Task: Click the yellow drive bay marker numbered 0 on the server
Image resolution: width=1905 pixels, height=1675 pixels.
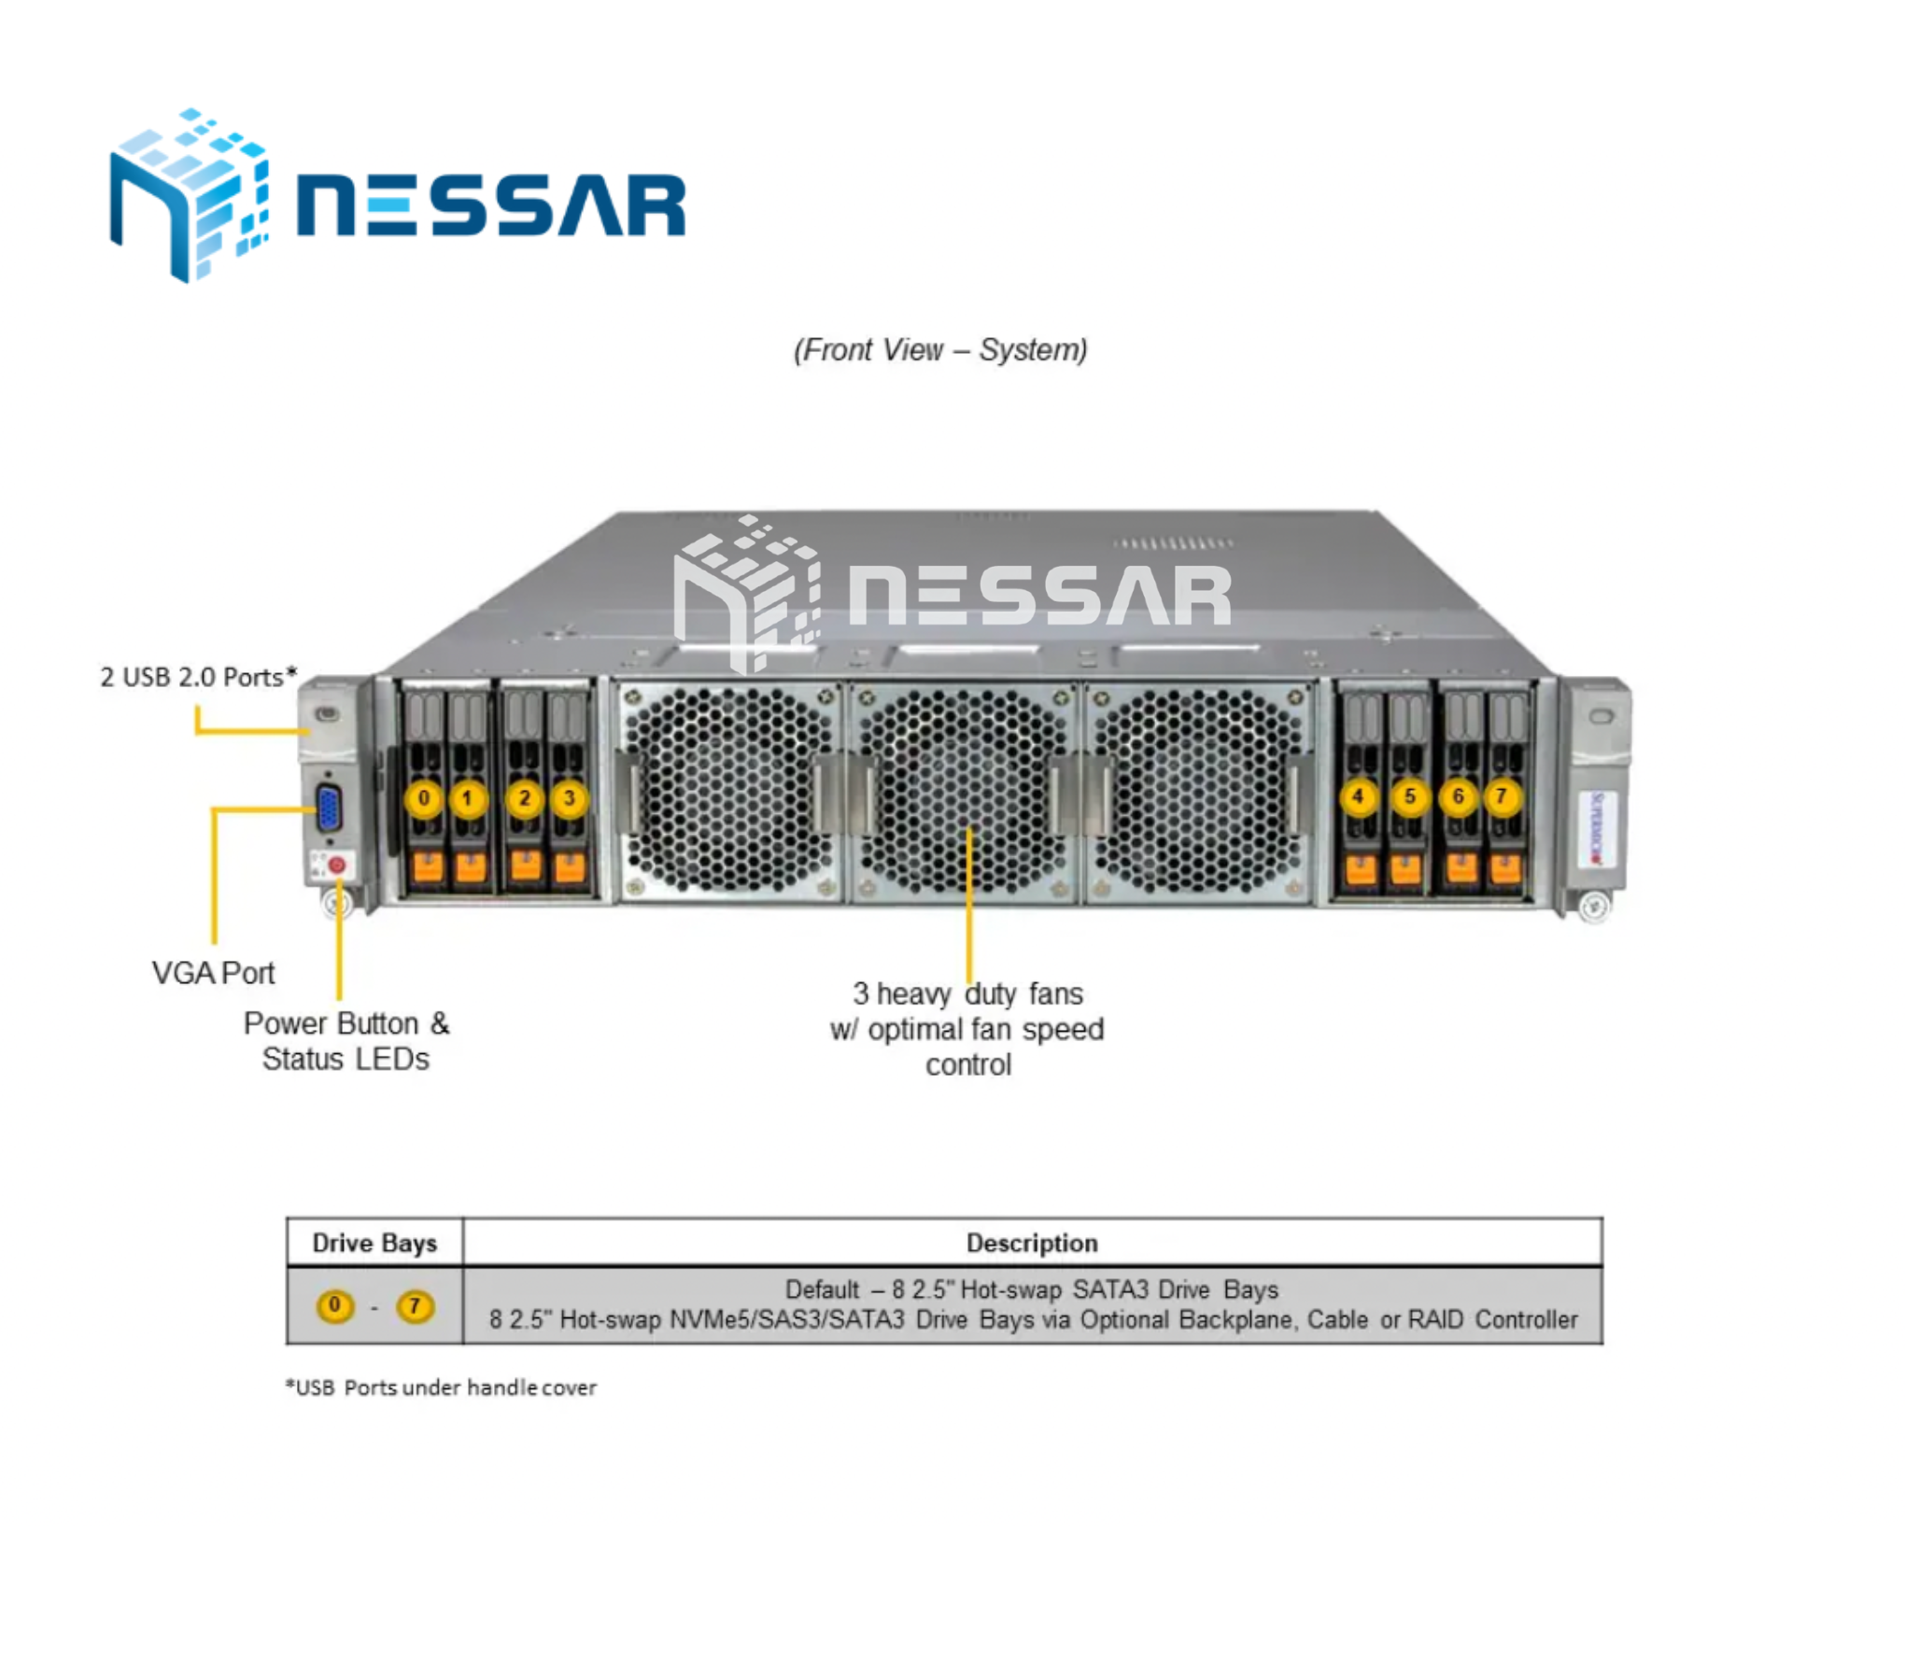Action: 424,799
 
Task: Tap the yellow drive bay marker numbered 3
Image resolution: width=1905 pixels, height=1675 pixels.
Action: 569,799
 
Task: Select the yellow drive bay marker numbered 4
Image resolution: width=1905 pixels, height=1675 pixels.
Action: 1358,797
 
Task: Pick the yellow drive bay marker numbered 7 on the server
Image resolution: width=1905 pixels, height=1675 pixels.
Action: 1502,797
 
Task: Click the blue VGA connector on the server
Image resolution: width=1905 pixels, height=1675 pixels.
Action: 329,809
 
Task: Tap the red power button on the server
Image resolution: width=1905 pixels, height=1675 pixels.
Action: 337,866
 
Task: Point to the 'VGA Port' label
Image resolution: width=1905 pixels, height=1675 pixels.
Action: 214,973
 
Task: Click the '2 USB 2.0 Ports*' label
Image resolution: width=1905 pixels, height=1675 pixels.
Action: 199,677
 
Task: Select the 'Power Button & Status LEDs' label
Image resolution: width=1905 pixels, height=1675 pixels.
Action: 346,1041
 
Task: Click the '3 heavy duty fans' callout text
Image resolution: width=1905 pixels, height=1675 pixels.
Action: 967,993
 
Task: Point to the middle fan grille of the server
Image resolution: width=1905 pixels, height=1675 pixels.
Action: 964,792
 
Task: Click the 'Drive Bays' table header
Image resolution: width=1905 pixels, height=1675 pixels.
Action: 374,1243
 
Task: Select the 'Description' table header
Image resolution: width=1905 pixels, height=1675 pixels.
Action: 1032,1243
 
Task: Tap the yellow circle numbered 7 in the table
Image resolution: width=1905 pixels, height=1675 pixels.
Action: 416,1306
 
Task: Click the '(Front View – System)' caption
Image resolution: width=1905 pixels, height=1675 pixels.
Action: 940,350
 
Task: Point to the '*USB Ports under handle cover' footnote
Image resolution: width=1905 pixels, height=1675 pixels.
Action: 441,1387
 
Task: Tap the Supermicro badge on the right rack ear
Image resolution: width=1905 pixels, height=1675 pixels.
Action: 1597,828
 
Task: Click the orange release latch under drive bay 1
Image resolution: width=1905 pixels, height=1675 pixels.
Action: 471,867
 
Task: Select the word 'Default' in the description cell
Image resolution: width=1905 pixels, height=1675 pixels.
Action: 822,1290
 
